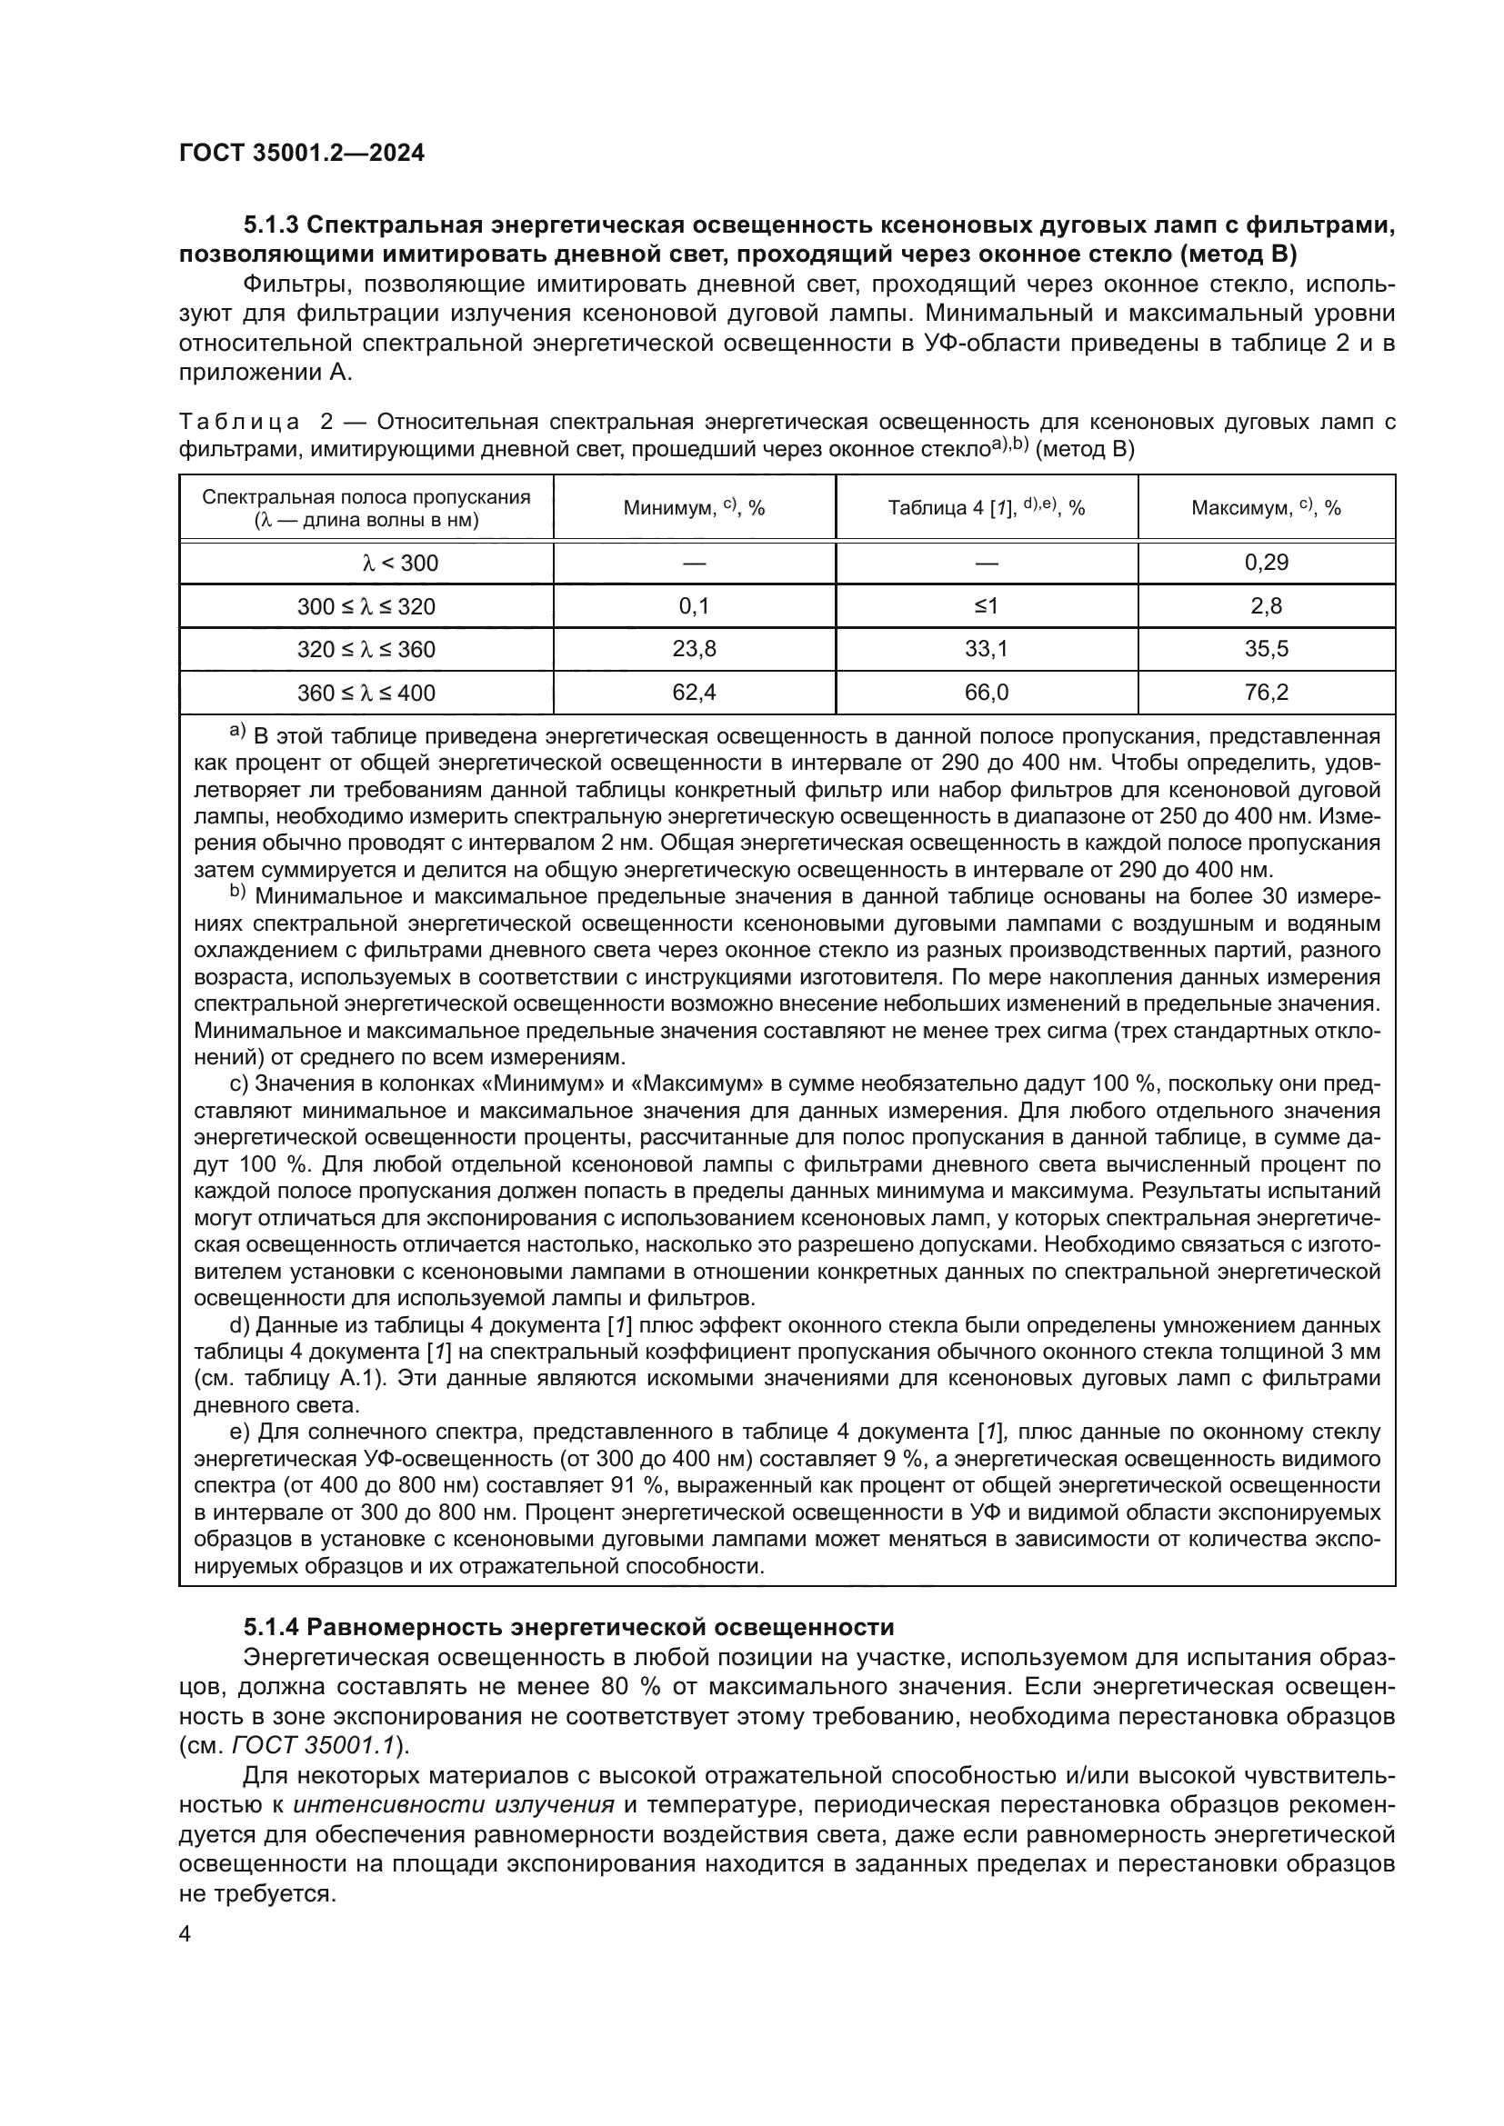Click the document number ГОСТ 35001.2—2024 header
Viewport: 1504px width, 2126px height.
tap(302, 153)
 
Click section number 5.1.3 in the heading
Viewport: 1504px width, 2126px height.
tap(269, 225)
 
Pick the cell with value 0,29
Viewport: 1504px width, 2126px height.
tap(1266, 563)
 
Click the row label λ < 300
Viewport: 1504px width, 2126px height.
tap(366, 563)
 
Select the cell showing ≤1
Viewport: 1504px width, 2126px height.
tap(987, 606)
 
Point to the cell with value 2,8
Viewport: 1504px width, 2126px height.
tap(1266, 606)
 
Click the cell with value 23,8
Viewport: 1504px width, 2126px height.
tap(694, 649)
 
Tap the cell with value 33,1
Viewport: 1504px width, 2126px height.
tap(987, 649)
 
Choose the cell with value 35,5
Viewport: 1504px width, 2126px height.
tap(1266, 649)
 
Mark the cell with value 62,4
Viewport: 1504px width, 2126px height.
tap(694, 693)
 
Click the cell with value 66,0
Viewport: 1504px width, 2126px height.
tap(987, 693)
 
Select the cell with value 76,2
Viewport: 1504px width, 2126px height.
tap(1266, 693)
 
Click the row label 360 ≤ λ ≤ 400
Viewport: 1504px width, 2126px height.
tap(366, 693)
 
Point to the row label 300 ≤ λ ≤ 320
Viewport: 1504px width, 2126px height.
tap(366, 606)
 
